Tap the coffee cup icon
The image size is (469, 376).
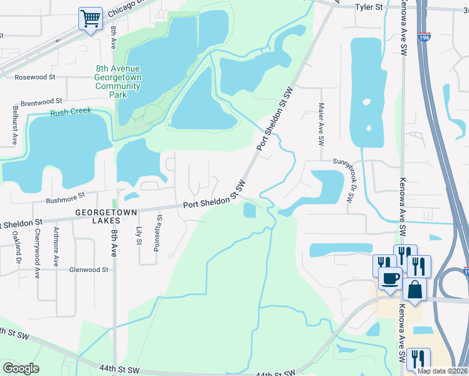click(x=390, y=278)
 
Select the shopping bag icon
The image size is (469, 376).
click(x=415, y=289)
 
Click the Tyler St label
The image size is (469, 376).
click(x=369, y=7)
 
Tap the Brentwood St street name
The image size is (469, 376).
click(x=41, y=100)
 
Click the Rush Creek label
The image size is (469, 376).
click(x=71, y=112)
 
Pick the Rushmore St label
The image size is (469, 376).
click(x=65, y=201)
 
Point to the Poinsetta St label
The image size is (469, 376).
click(x=159, y=232)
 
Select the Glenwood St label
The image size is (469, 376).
click(x=89, y=269)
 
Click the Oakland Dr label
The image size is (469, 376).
click(x=18, y=248)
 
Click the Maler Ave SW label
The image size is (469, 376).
click(x=320, y=124)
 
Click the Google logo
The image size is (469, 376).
click(x=21, y=368)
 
